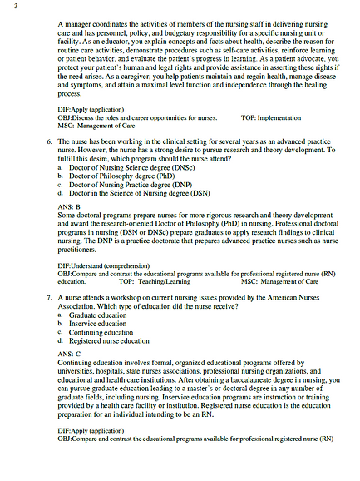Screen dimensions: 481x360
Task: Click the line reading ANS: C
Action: (70, 353)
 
